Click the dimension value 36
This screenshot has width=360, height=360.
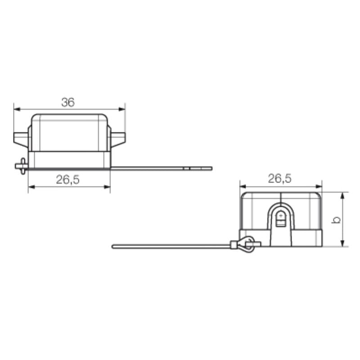68,102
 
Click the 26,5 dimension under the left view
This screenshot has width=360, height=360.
68,180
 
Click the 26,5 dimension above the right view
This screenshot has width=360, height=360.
280,179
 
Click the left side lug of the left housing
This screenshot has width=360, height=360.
21,138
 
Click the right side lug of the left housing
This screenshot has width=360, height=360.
117,138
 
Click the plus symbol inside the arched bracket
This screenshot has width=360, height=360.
281,216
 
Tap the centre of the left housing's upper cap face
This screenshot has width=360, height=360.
69,133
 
